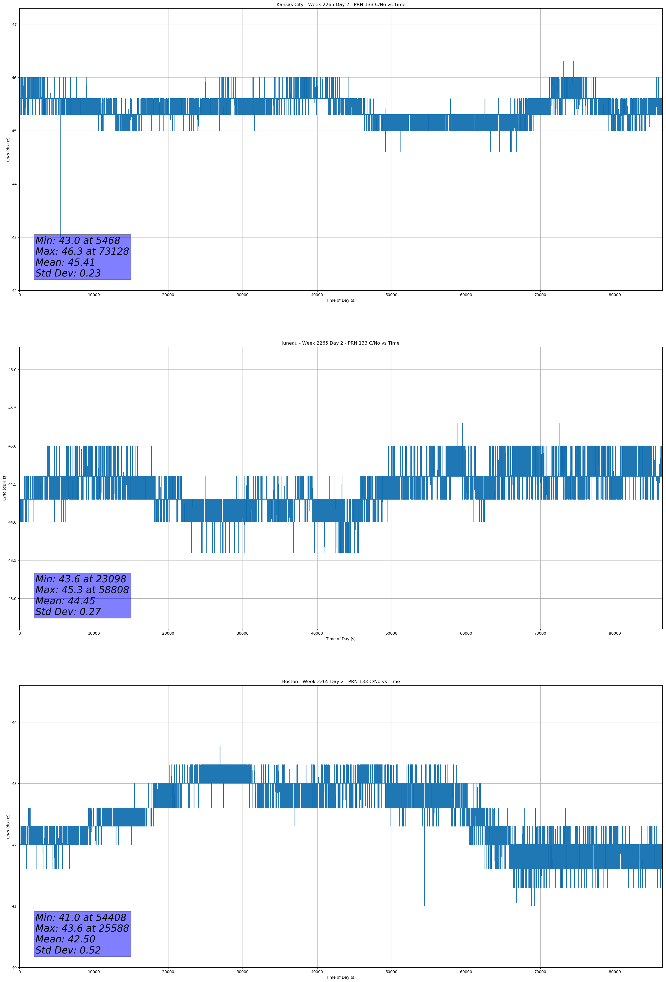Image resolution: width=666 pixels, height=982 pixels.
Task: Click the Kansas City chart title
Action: pyautogui.click(x=340, y=5)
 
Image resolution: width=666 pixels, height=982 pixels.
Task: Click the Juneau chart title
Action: pyautogui.click(x=340, y=343)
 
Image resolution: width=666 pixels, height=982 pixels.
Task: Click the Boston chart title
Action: pyautogui.click(x=340, y=682)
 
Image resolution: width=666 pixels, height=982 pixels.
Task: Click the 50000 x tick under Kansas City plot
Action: pyautogui.click(x=391, y=295)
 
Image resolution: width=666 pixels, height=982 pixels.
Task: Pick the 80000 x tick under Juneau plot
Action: pyautogui.click(x=615, y=633)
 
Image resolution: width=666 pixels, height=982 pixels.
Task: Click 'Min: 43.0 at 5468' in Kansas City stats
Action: pyautogui.click(x=78, y=241)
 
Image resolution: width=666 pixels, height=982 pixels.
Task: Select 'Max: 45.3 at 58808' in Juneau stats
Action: pyautogui.click(x=82, y=590)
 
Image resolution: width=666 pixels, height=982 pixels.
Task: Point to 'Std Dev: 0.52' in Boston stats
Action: pyautogui.click(x=68, y=950)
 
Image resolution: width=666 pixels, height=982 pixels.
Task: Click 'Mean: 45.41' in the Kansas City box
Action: pyautogui.click(x=65, y=262)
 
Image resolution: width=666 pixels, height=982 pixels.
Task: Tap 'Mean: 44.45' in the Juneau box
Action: pyautogui.click(x=65, y=601)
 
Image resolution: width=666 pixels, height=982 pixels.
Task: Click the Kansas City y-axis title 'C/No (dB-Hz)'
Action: pyautogui.click(x=8, y=149)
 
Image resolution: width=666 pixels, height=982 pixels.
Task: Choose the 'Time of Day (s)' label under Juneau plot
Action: pyautogui.click(x=340, y=639)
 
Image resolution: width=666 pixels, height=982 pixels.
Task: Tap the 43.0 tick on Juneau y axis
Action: pyautogui.click(x=12, y=599)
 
